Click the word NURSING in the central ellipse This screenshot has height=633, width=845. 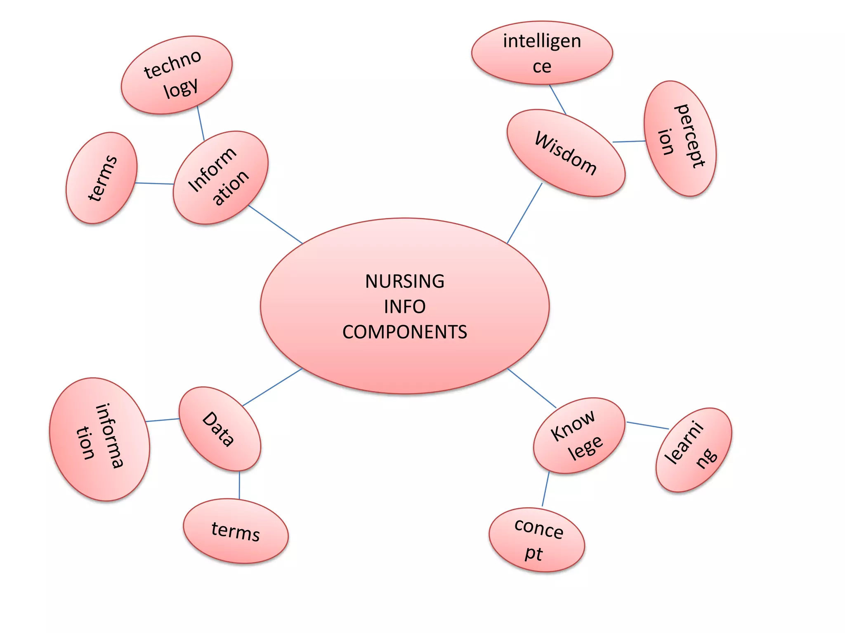tap(404, 281)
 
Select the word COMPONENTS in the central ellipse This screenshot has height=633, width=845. tap(404, 332)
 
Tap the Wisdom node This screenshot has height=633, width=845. tap(566, 153)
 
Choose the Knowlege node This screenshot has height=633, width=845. tap(578, 435)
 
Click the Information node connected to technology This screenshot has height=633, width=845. tap(220, 177)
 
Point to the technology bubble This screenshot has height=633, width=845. tap(177, 75)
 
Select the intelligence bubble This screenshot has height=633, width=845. tap(542, 53)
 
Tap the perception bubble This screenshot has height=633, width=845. tap(680, 138)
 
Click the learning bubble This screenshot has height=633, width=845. tap(693, 450)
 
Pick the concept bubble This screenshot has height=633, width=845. tap(537, 539)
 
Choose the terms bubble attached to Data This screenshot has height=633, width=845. tap(236, 531)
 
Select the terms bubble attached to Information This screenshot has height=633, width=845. tap(101, 178)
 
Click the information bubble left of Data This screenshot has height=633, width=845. tap(99, 439)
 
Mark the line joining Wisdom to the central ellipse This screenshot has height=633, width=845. tap(524, 213)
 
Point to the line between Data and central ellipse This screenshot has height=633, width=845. tap(272, 387)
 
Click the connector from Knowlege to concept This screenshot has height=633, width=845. tap(545, 489)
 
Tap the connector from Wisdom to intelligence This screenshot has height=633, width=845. tap(557, 99)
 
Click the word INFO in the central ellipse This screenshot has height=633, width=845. tap(404, 307)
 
